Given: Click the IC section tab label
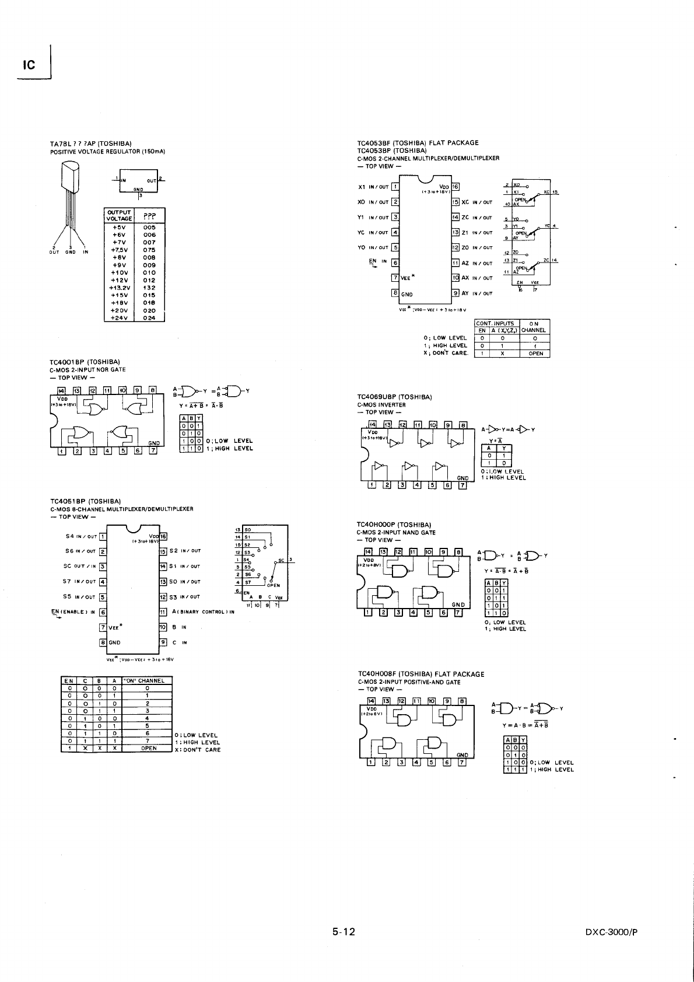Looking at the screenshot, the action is tap(29, 65).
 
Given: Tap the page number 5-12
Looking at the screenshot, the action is tap(344, 932).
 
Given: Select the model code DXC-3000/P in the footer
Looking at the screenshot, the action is tap(611, 932).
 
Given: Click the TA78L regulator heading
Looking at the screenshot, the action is tap(91, 144).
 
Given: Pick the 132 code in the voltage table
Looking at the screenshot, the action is tap(149, 288).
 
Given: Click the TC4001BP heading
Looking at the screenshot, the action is tap(85, 362).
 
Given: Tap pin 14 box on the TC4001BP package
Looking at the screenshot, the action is tap(61, 390).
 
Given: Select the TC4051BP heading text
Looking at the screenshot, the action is tap(86, 501).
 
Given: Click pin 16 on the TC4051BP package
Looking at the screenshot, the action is tap(163, 536).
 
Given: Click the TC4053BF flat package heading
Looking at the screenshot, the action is tap(418, 142).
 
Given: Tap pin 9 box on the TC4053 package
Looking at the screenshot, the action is tap(456, 293).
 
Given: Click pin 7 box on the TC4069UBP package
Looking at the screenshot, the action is tap(462, 485).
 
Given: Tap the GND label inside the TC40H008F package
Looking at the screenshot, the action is tap(462, 754).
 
